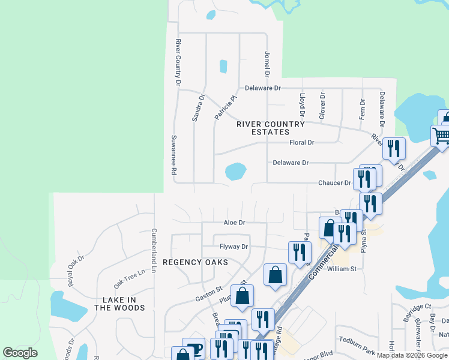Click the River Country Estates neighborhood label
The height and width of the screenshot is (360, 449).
pyautogui.click(x=271, y=128)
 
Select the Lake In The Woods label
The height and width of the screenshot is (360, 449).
pyautogui.click(x=119, y=304)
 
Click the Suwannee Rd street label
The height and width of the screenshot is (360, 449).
pyautogui.click(x=173, y=155)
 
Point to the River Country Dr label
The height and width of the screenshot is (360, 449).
pyautogui.click(x=178, y=62)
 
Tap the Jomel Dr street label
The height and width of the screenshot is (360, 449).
pyautogui.click(x=267, y=64)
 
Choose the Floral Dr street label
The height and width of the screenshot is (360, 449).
pyautogui.click(x=302, y=143)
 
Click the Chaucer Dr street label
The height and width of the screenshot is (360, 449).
pyautogui.click(x=334, y=183)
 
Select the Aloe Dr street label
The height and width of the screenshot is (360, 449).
pyautogui.click(x=234, y=223)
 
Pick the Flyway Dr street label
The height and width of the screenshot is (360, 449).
pyautogui.click(x=234, y=247)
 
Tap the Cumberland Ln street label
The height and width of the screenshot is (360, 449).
pyautogui.click(x=154, y=248)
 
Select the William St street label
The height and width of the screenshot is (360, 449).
pyautogui.click(x=342, y=269)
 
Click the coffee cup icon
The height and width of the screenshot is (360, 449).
pyautogui.click(x=193, y=349)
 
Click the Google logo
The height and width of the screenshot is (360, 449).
pyautogui.click(x=20, y=353)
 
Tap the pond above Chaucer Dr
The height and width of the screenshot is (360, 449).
pyautogui.click(x=235, y=172)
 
